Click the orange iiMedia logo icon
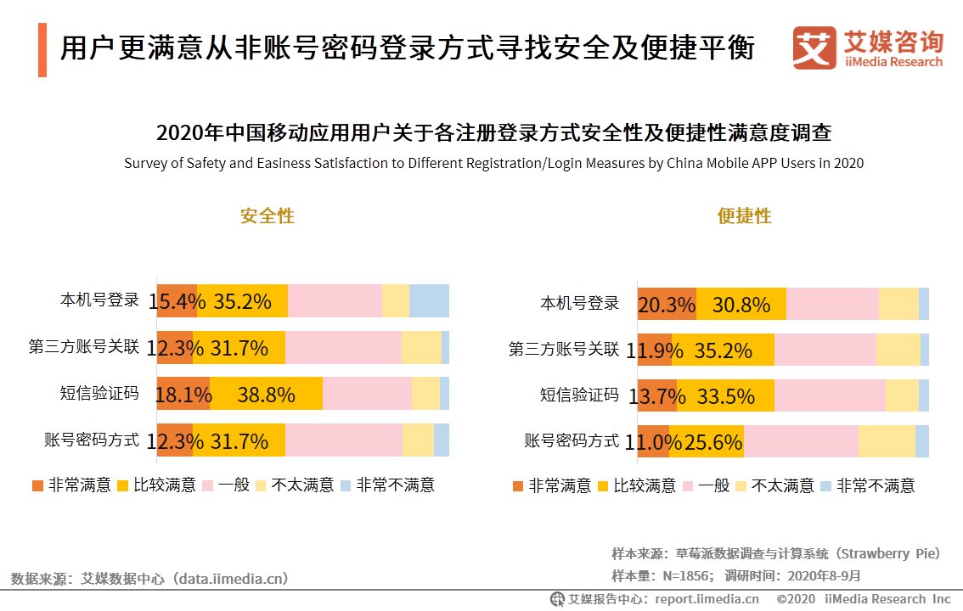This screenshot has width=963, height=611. pyautogui.click(x=814, y=48)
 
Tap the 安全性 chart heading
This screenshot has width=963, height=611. pyautogui.click(x=267, y=216)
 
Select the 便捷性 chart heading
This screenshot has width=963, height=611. pyautogui.click(x=745, y=216)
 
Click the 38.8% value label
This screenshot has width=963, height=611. pyautogui.click(x=266, y=395)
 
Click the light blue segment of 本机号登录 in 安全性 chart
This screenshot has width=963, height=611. pyautogui.click(x=429, y=301)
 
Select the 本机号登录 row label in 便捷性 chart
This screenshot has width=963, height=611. pyautogui.click(x=580, y=303)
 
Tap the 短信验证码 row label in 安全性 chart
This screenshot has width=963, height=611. pyautogui.click(x=99, y=393)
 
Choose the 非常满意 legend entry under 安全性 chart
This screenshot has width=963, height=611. pyautogui.click(x=71, y=485)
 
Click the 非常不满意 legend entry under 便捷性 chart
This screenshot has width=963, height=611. pyautogui.click(x=867, y=485)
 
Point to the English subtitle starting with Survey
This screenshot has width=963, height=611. pyautogui.click(x=493, y=163)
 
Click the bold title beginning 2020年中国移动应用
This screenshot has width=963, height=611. pyautogui.click(x=493, y=133)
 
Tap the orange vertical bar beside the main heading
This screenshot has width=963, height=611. pyautogui.click(x=42, y=50)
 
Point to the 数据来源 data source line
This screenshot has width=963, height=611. pyautogui.click(x=149, y=579)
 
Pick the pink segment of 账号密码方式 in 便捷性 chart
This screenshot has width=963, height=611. pyautogui.click(x=801, y=441)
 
